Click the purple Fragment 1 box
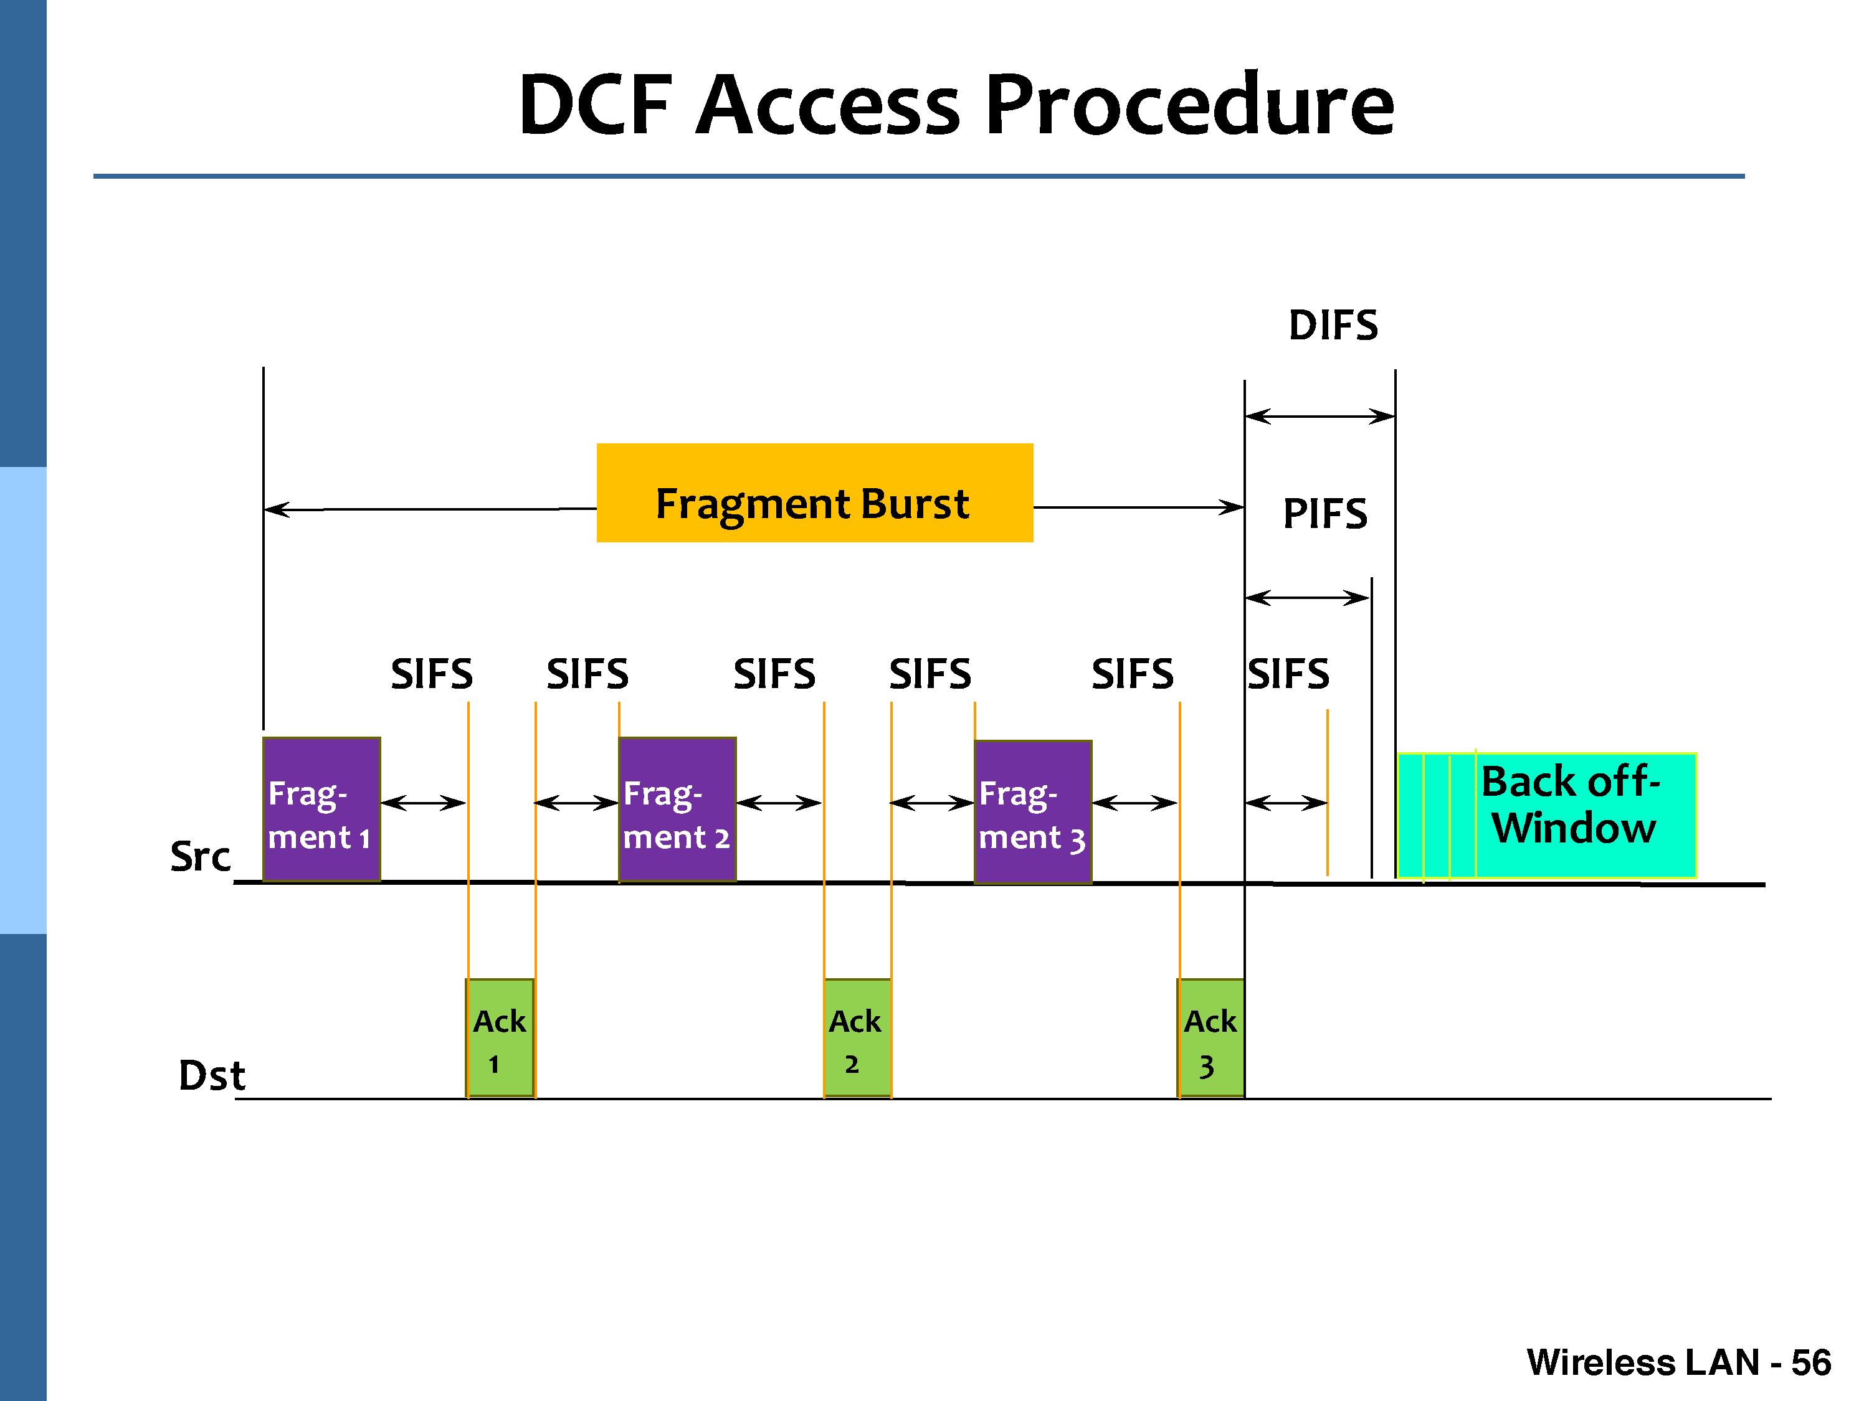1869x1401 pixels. [321, 809]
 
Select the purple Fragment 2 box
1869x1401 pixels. [677, 809]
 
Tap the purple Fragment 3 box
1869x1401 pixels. [1032, 811]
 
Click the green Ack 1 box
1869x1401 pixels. [500, 1038]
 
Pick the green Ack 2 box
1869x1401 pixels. [857, 1038]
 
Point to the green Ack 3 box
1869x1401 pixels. [1210, 1038]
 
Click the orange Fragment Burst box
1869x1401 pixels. [814, 493]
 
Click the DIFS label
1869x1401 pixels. [1333, 325]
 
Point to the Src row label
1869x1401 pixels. [200, 856]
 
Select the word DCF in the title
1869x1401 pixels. [595, 104]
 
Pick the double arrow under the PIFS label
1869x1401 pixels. [1307, 598]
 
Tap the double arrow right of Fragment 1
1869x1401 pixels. [423, 802]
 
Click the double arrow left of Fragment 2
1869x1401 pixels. [576, 802]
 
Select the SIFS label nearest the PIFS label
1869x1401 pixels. [1288, 674]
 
